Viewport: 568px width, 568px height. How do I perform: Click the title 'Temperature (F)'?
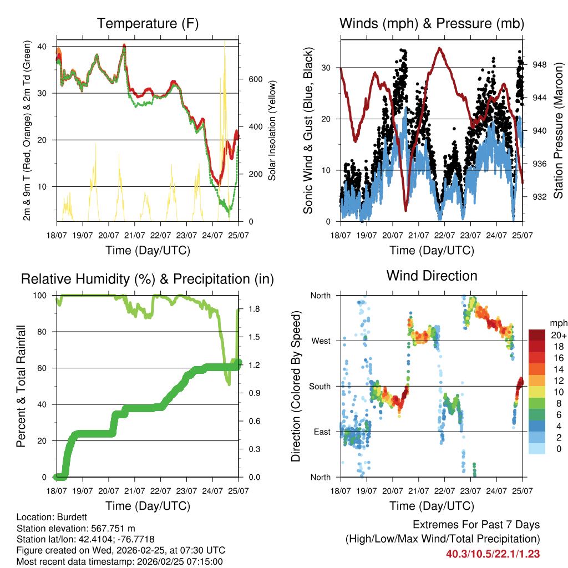(x=148, y=23)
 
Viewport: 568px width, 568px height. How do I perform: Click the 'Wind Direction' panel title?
(x=432, y=275)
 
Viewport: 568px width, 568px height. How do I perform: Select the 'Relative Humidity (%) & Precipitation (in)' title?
(x=148, y=279)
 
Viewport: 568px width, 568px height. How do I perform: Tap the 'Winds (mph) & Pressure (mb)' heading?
(x=432, y=23)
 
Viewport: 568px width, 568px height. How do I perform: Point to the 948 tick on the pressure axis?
(x=540, y=64)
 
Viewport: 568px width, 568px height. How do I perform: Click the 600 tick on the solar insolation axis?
(x=255, y=79)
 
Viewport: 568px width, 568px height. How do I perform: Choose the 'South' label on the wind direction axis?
(x=319, y=386)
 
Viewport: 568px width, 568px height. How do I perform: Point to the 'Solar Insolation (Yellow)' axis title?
(x=272, y=131)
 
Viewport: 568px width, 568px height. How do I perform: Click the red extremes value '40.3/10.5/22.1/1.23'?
(x=493, y=554)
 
